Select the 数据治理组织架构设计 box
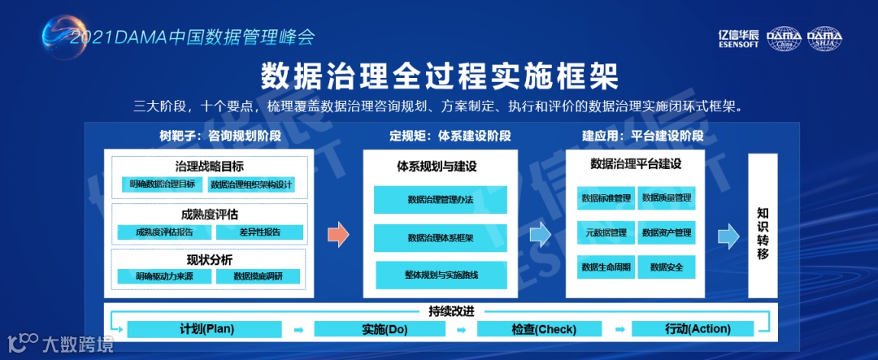(252, 184)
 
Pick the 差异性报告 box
(259, 232)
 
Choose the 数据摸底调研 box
(259, 276)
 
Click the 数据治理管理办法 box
(441, 200)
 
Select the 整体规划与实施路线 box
(441, 275)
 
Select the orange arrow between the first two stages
(338, 236)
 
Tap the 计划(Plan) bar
(206, 329)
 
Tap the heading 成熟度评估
(210, 215)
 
